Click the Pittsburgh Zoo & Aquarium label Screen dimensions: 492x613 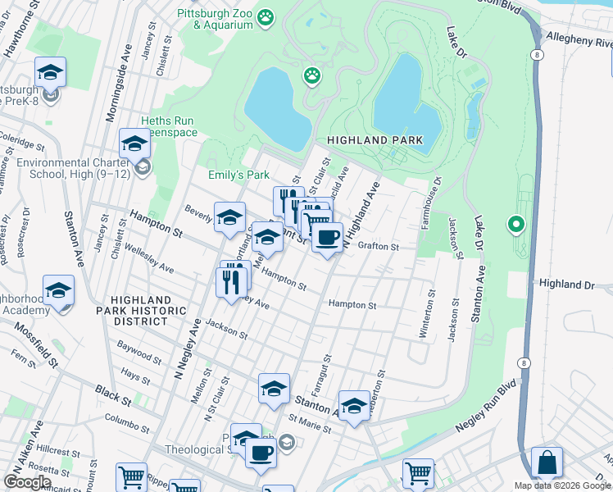tap(216, 20)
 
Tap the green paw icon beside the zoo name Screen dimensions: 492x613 tap(266, 17)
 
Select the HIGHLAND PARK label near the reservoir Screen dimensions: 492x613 tap(375, 140)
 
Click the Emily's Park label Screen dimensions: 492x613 tap(238, 175)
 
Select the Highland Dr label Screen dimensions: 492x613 tap(566, 283)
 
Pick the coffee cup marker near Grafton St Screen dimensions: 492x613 tap(327, 239)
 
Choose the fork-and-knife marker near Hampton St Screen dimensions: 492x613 tap(234, 281)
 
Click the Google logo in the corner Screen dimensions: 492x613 tap(27, 482)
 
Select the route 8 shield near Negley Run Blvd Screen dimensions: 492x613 tap(522, 362)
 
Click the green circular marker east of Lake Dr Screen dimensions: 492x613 tap(515, 223)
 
